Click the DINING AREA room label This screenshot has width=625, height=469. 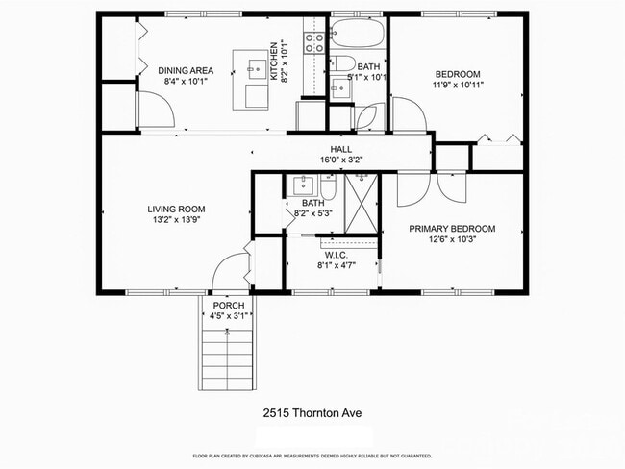[x=186, y=70]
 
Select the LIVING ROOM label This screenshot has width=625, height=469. [x=176, y=209]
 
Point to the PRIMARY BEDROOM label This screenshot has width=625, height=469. [x=452, y=228]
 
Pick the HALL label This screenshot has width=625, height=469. [x=341, y=150]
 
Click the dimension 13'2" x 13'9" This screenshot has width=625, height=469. [x=177, y=219]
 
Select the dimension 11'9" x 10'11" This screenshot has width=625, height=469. [x=457, y=85]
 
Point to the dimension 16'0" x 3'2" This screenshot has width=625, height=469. [x=341, y=160]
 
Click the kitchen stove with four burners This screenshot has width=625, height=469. [x=314, y=42]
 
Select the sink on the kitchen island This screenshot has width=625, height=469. [x=256, y=68]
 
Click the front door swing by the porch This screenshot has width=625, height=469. [x=229, y=272]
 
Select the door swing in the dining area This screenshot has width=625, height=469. [x=157, y=114]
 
